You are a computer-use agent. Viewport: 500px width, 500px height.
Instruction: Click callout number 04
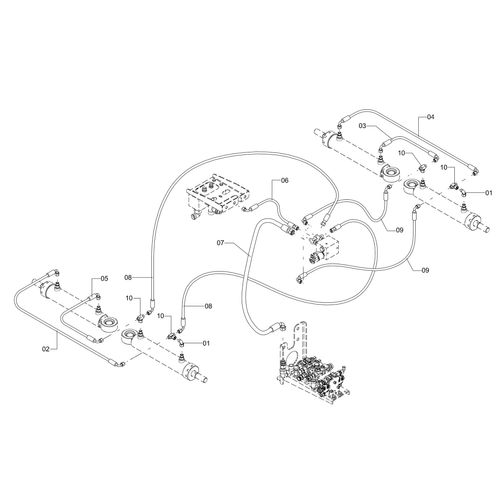point(431,117)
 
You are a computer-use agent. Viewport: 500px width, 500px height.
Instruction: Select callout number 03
point(363,126)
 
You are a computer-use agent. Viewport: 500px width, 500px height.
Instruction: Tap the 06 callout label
point(284,180)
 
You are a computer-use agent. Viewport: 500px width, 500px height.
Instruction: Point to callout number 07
point(221,243)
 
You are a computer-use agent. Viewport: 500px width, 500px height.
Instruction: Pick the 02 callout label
point(46,349)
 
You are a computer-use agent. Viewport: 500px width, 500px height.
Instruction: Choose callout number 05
point(104,279)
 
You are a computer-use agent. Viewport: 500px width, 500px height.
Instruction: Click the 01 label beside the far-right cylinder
point(489,193)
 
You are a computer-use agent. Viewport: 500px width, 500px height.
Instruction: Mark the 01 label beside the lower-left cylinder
point(206,343)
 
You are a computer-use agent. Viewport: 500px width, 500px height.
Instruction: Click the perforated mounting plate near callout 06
point(218,197)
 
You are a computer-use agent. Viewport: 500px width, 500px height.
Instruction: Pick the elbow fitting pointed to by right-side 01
point(463,192)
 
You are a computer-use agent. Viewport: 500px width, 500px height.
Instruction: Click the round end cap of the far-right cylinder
point(472,223)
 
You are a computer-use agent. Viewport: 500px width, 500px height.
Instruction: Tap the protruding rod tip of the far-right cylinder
point(486,229)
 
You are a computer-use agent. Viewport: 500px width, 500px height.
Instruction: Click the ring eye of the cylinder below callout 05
point(108,325)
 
